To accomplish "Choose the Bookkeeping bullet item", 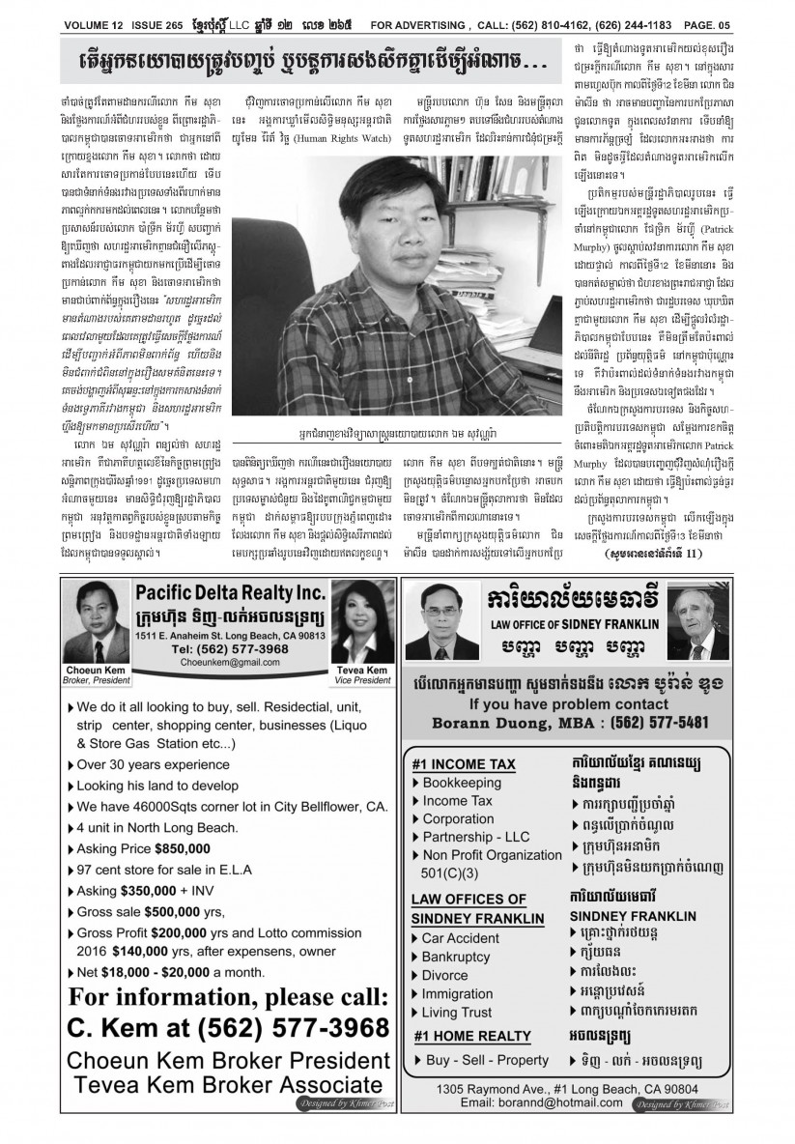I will [463, 782].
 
